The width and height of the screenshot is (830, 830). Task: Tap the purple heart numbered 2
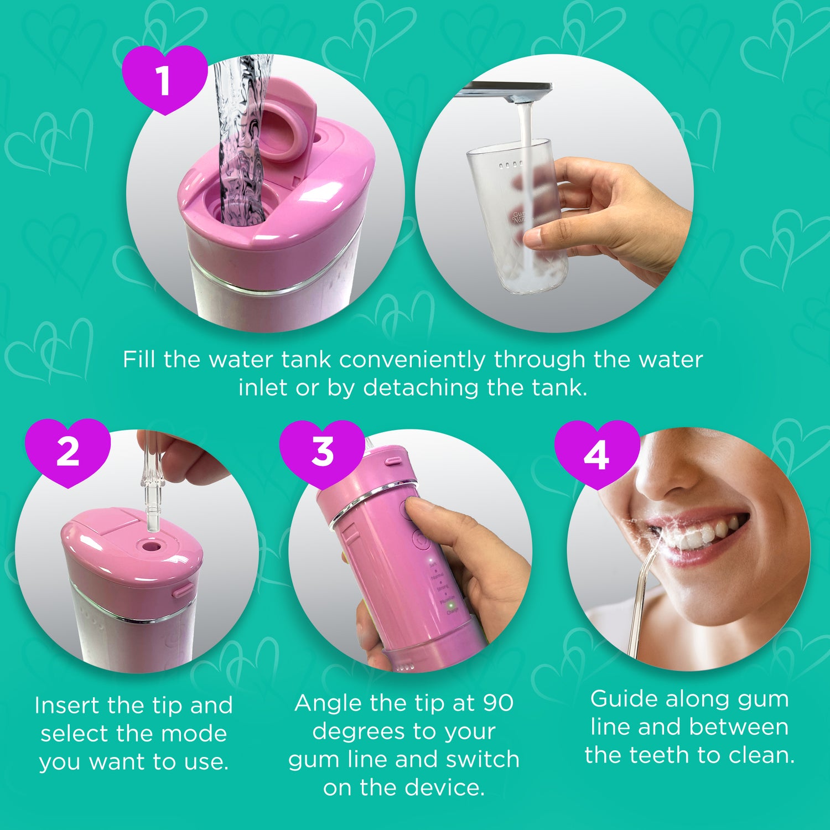(x=68, y=452)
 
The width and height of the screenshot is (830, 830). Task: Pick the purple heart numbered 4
(x=596, y=454)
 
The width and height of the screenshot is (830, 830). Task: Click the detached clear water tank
(x=517, y=216)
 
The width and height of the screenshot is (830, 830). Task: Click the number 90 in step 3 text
(x=497, y=703)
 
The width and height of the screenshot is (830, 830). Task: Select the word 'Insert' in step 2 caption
(x=67, y=705)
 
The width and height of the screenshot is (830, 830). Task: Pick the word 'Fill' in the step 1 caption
(x=138, y=360)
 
